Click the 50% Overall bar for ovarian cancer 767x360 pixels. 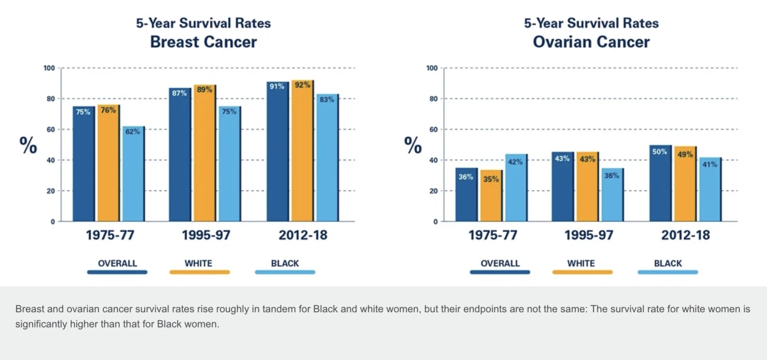tap(660, 183)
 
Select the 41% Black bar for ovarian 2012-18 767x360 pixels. tap(709, 189)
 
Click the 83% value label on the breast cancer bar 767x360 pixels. tap(327, 100)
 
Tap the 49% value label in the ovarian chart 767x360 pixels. tap(684, 155)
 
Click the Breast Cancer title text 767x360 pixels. tap(204, 42)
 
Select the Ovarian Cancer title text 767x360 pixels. tap(591, 42)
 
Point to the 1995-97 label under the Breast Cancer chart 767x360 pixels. tap(206, 235)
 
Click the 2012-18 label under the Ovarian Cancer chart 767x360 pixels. tap(685, 235)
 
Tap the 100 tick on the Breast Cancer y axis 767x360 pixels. tap(49, 68)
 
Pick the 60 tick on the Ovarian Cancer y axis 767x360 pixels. tap(432, 130)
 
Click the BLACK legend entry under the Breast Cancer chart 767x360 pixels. tap(285, 263)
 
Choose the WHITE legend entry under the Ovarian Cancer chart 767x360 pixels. tap(581, 263)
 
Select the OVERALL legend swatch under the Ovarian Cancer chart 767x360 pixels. tap(500, 272)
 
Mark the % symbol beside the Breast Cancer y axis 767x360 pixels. tap(28, 145)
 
